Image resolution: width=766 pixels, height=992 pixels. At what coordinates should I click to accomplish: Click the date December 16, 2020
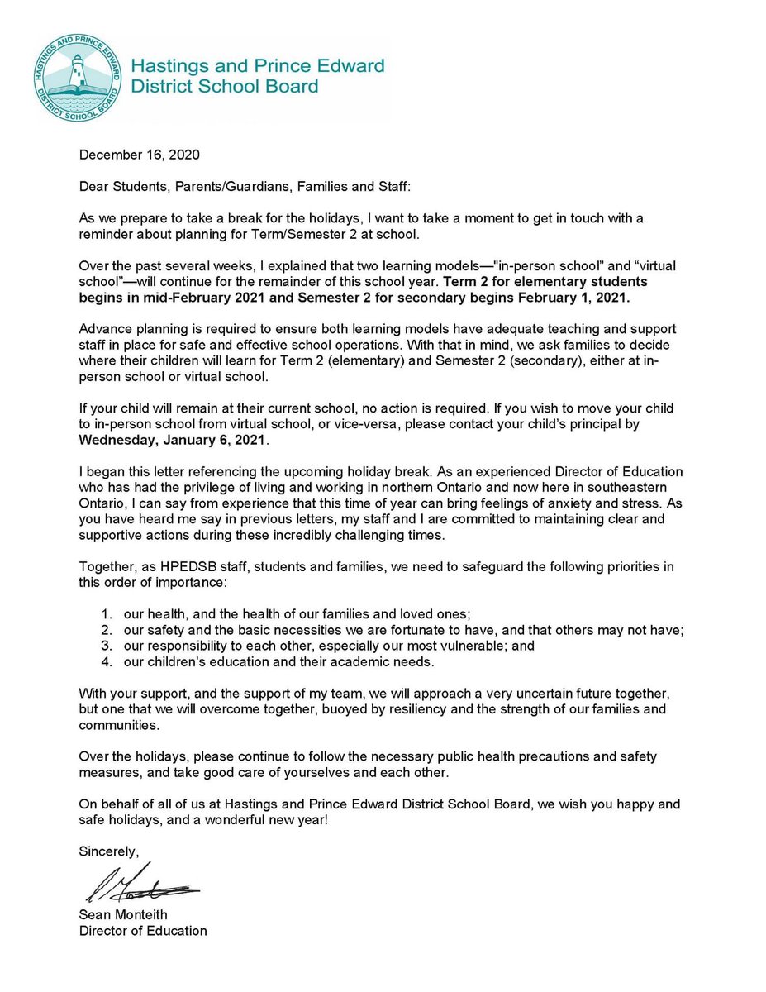[139, 155]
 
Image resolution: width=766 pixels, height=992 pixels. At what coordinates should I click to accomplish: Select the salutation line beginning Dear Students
[244, 187]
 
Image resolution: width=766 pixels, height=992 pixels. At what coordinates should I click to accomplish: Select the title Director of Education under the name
[142, 931]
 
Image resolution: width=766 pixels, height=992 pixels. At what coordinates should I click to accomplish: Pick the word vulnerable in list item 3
[467, 646]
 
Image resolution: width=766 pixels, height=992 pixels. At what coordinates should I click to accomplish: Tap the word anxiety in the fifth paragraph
[592, 503]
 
